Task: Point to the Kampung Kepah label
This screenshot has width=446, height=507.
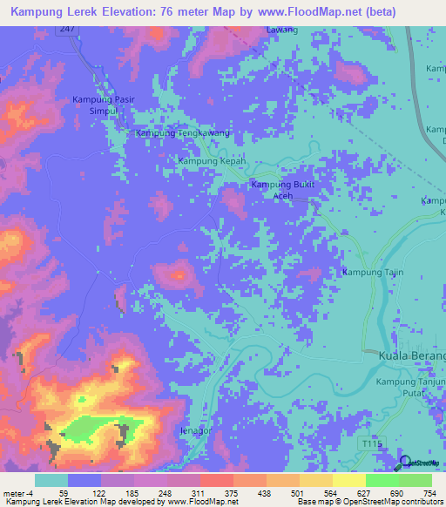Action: click(213, 162)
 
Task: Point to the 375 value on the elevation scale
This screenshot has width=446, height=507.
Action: click(233, 494)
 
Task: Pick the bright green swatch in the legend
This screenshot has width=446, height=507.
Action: click(382, 480)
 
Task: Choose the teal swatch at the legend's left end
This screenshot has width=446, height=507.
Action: click(51, 480)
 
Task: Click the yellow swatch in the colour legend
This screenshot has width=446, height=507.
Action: click(349, 480)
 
